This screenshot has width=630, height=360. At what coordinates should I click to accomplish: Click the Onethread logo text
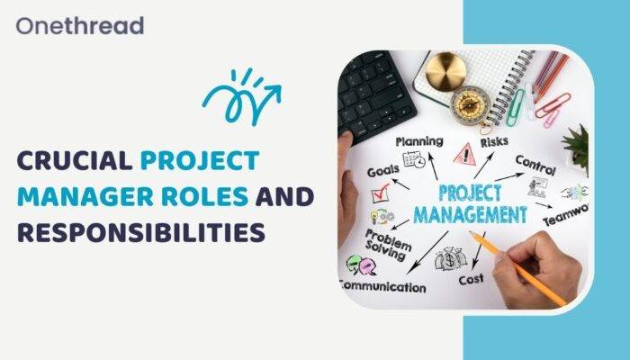(x=79, y=24)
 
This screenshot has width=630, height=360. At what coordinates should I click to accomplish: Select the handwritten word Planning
(x=418, y=141)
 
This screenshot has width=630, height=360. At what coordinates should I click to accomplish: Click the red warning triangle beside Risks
(x=463, y=156)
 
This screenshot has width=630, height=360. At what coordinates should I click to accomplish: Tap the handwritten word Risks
(x=494, y=141)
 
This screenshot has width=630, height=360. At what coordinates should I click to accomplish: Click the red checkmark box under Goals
(x=379, y=192)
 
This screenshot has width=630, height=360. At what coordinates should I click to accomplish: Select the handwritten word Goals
(x=383, y=172)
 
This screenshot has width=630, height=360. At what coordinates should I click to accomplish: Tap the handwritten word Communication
(x=382, y=287)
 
